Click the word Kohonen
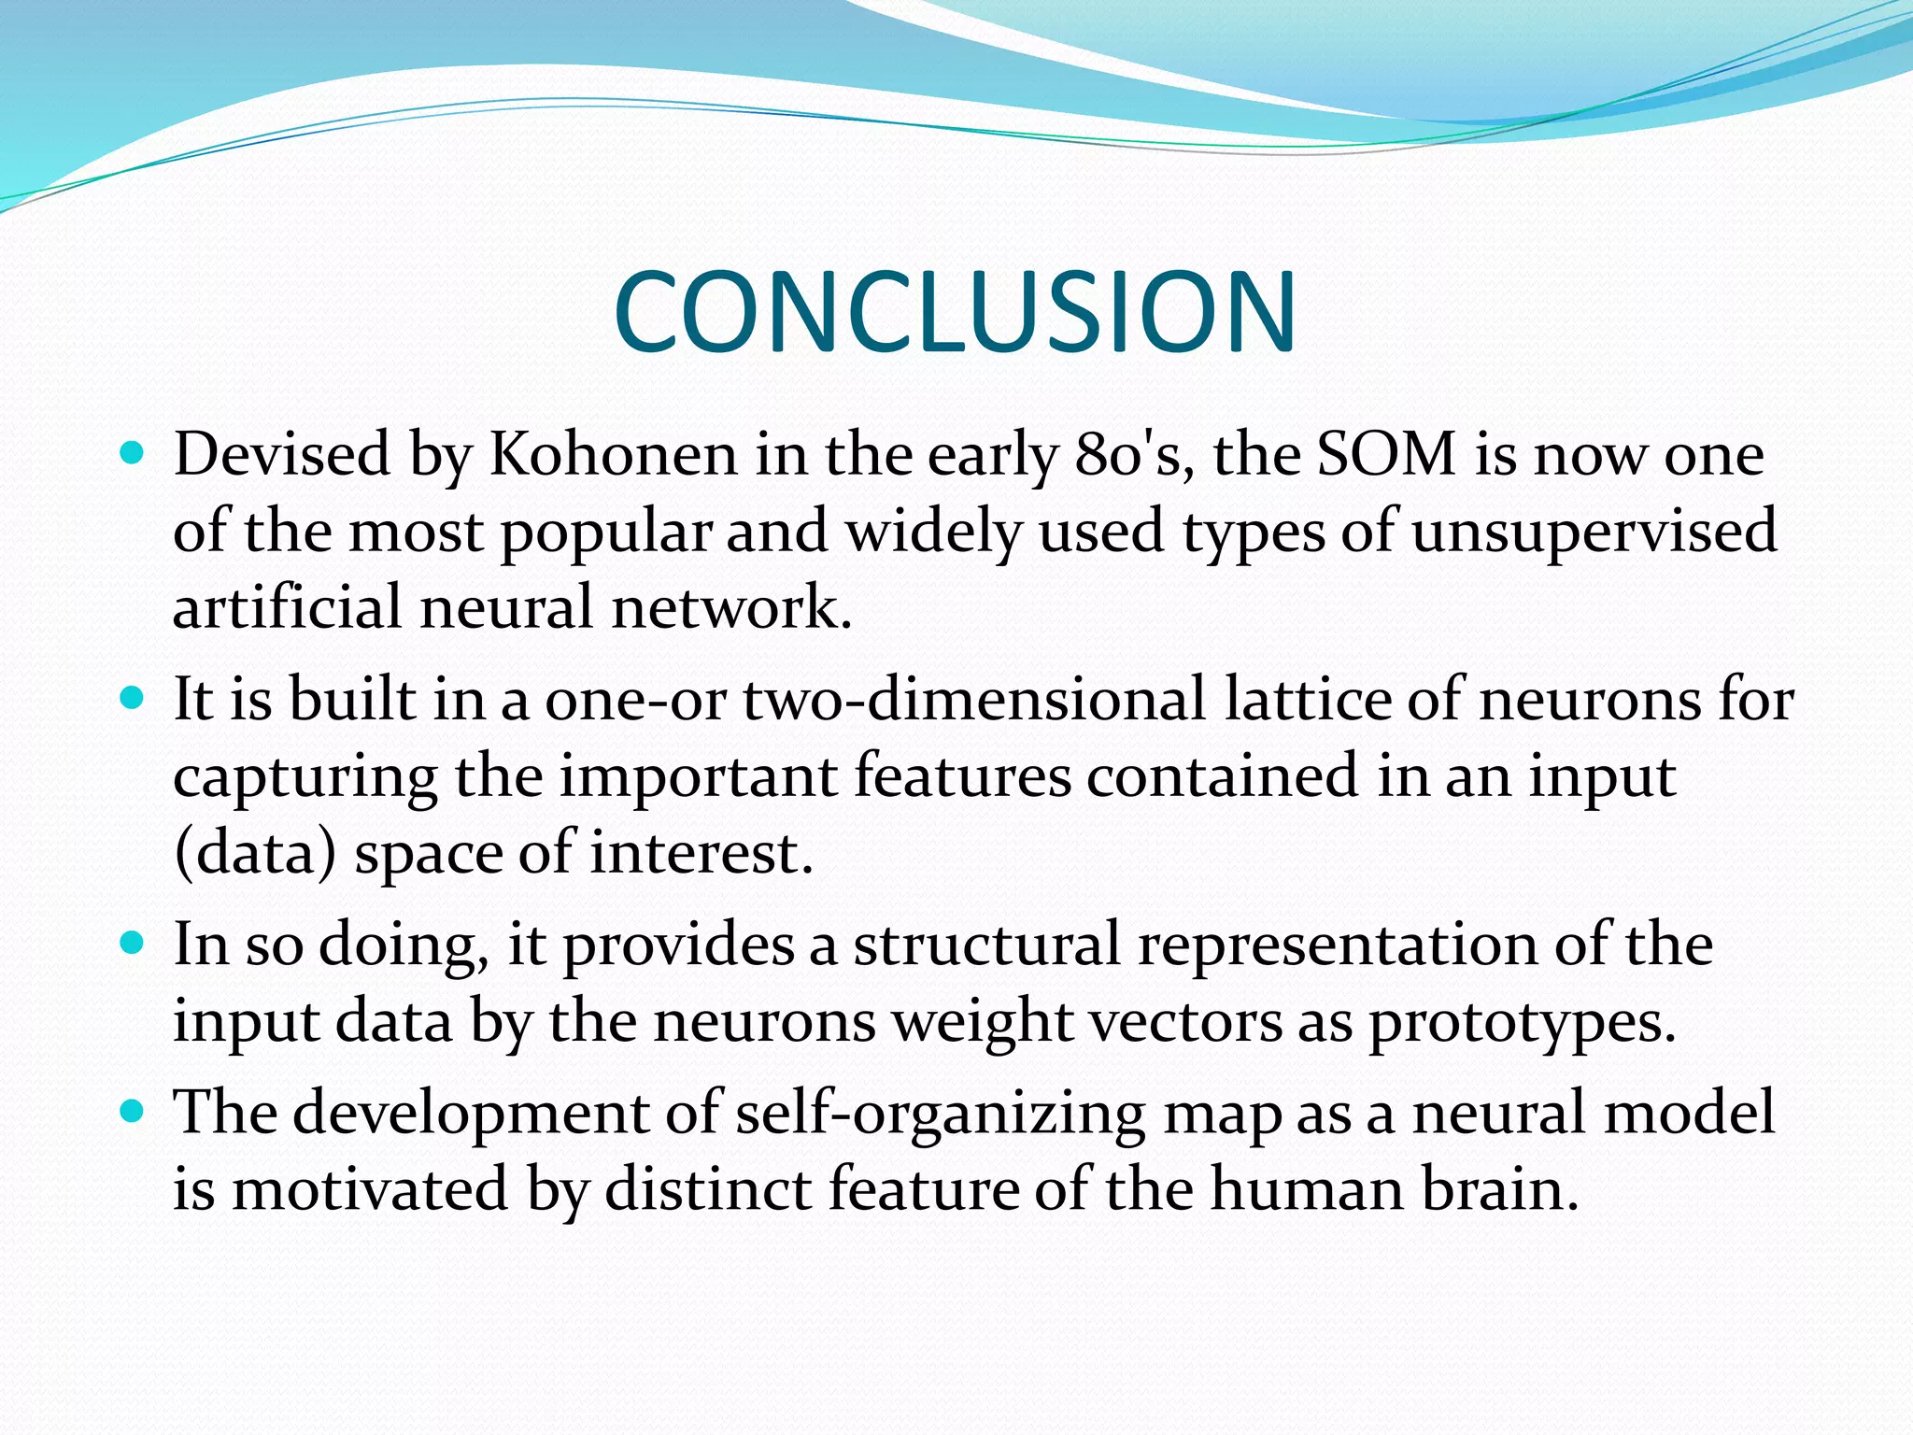[x=614, y=455]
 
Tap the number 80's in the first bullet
[x=1134, y=455]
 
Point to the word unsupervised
[x=1594, y=532]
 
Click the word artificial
[x=288, y=607]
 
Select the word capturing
[x=305, y=777]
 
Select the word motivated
[x=370, y=1189]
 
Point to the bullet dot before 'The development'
[x=134, y=1112]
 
